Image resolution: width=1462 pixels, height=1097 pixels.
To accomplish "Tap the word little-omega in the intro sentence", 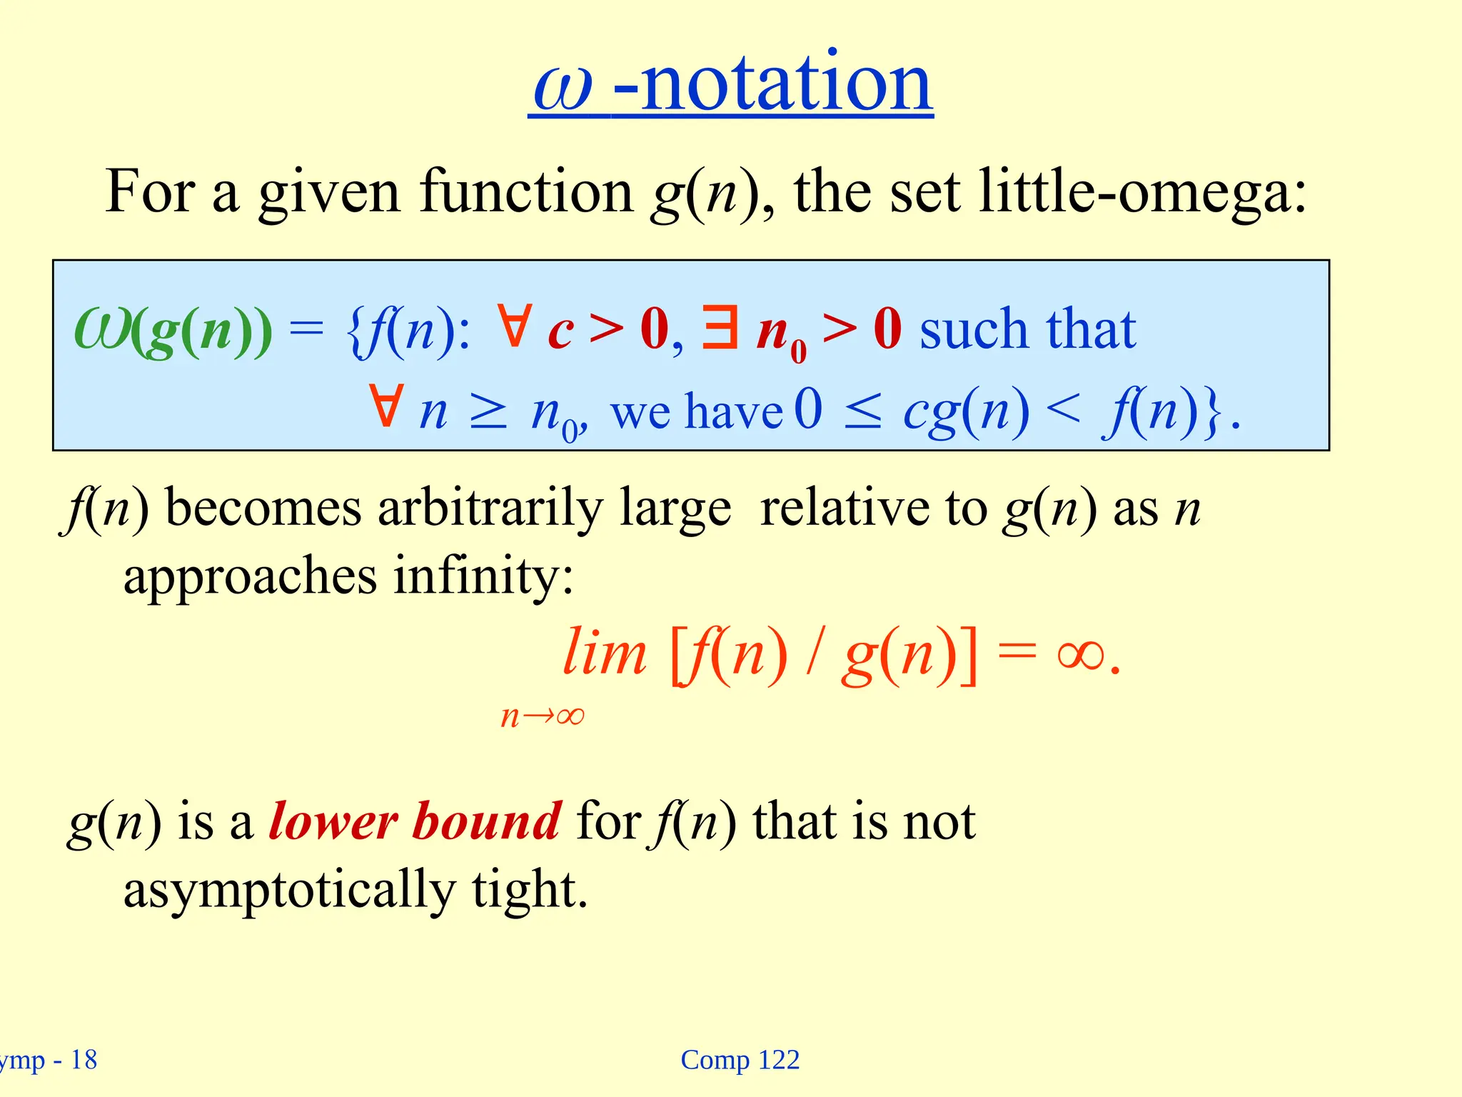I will pos(1142,191).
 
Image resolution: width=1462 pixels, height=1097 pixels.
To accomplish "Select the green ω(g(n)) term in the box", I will pos(173,331).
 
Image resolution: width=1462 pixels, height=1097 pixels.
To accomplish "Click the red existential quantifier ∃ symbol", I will pos(720,328).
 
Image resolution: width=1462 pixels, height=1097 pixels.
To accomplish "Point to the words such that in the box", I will pos(1027,329).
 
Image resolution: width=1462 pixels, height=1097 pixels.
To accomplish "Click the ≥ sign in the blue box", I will pos(489,414).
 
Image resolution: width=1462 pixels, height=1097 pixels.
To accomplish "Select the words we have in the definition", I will pos(697,412).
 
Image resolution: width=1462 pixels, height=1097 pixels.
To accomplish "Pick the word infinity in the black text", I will pos(483,576).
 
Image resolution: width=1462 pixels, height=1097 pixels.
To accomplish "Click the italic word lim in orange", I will pos(604,653).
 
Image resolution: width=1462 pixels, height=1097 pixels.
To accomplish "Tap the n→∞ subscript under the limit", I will pos(543,716).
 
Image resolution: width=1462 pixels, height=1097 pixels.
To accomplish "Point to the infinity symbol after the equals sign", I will pos(1081,655).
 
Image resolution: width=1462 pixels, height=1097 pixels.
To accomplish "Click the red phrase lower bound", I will pos(415,822).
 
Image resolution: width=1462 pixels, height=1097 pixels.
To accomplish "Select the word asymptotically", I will pos(289,890).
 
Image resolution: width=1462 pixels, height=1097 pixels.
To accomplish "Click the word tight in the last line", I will pos(529,890).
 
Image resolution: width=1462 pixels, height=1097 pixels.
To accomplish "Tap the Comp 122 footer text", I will pos(740,1060).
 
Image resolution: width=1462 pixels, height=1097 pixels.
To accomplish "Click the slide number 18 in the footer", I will pos(84,1060).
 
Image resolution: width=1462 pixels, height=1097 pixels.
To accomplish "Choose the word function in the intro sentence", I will pos(526,191).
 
